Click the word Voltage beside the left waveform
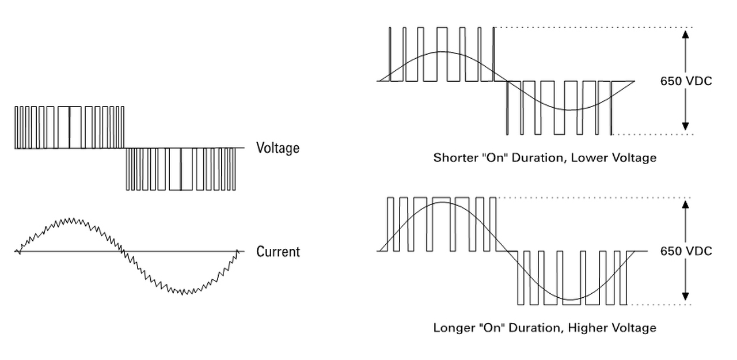click(x=278, y=148)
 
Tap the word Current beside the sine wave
click(x=278, y=252)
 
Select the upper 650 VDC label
click(x=686, y=81)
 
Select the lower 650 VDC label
click(x=686, y=251)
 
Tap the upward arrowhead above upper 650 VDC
click(x=685, y=33)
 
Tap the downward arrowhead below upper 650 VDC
click(x=685, y=126)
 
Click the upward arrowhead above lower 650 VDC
click(x=685, y=204)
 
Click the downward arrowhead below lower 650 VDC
click(x=685, y=297)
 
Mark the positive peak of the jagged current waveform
click(x=70, y=219)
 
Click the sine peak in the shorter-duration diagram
click(x=442, y=52)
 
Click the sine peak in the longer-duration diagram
click(x=442, y=202)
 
